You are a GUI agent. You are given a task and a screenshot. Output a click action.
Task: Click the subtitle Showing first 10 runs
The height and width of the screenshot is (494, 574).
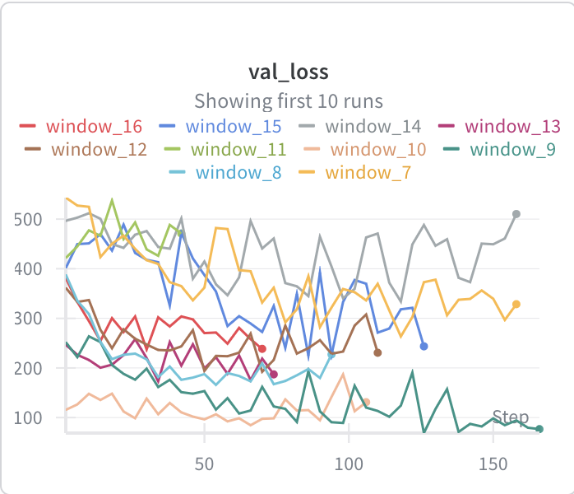pyautogui.click(x=287, y=101)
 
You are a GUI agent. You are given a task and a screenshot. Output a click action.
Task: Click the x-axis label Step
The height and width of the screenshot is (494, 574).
pyautogui.click(x=510, y=417)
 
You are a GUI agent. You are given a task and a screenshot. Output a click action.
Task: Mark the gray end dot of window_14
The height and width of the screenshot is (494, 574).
pyautogui.click(x=516, y=214)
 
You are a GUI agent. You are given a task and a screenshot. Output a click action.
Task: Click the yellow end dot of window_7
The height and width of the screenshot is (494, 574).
pyautogui.click(x=516, y=305)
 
